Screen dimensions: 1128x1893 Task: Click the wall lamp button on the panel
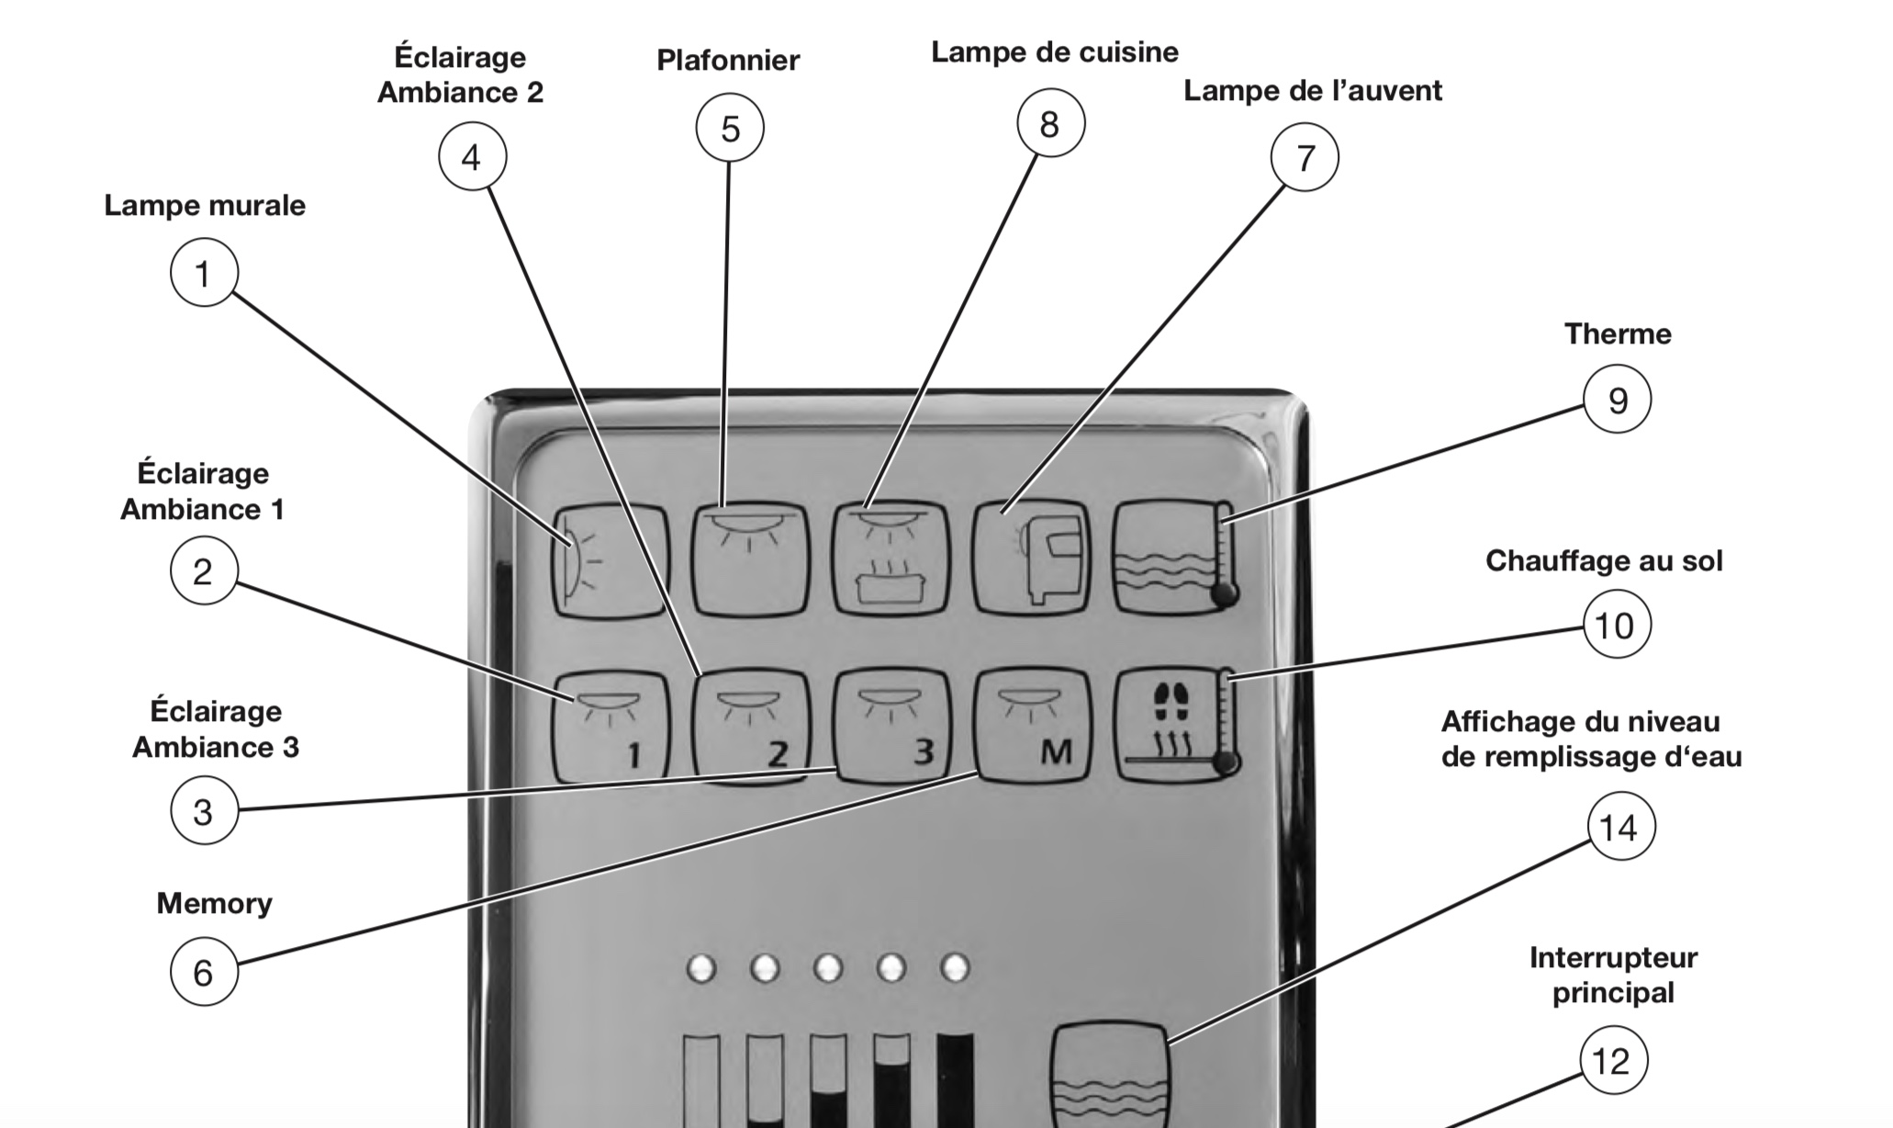click(610, 559)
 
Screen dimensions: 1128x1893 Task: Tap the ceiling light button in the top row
click(750, 558)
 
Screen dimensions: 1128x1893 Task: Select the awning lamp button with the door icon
click(1032, 558)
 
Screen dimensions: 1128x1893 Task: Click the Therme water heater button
click(1174, 558)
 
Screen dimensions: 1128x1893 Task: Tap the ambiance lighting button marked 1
click(610, 726)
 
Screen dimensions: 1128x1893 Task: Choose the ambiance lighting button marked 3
click(890, 726)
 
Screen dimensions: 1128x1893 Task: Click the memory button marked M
click(1032, 726)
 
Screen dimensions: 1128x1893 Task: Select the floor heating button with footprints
click(1174, 726)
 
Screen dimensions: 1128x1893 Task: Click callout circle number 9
click(1617, 400)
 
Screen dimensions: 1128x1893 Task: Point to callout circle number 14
click(1621, 827)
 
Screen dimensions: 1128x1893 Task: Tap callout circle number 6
click(204, 972)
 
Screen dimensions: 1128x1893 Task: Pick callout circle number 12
click(1613, 1061)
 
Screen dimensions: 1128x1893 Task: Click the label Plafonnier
click(728, 61)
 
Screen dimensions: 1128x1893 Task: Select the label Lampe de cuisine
click(1055, 52)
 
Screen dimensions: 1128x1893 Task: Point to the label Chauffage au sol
click(1604, 560)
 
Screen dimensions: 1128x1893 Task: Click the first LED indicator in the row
click(701, 968)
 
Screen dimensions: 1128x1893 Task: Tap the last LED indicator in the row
click(955, 968)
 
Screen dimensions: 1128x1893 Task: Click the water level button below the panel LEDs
click(1109, 1075)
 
